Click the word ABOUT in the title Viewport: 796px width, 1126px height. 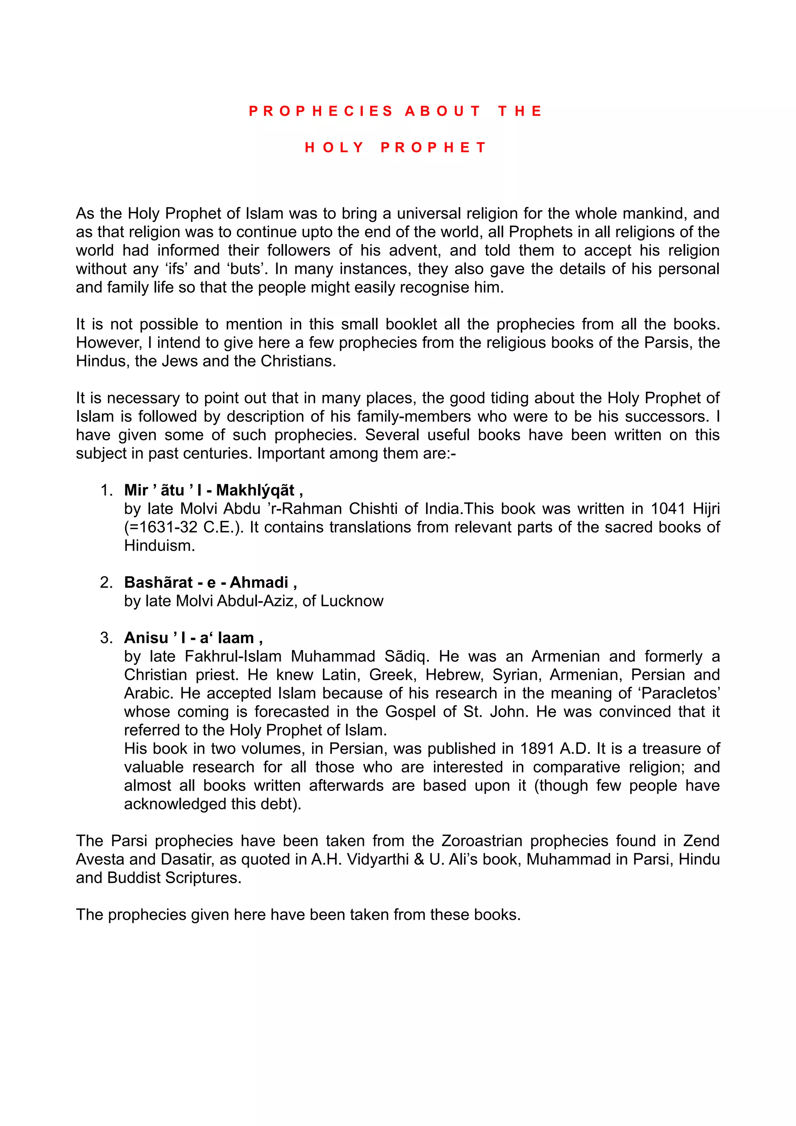click(442, 112)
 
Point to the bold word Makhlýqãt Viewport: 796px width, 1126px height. click(255, 490)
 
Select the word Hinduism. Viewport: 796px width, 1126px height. click(159, 546)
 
